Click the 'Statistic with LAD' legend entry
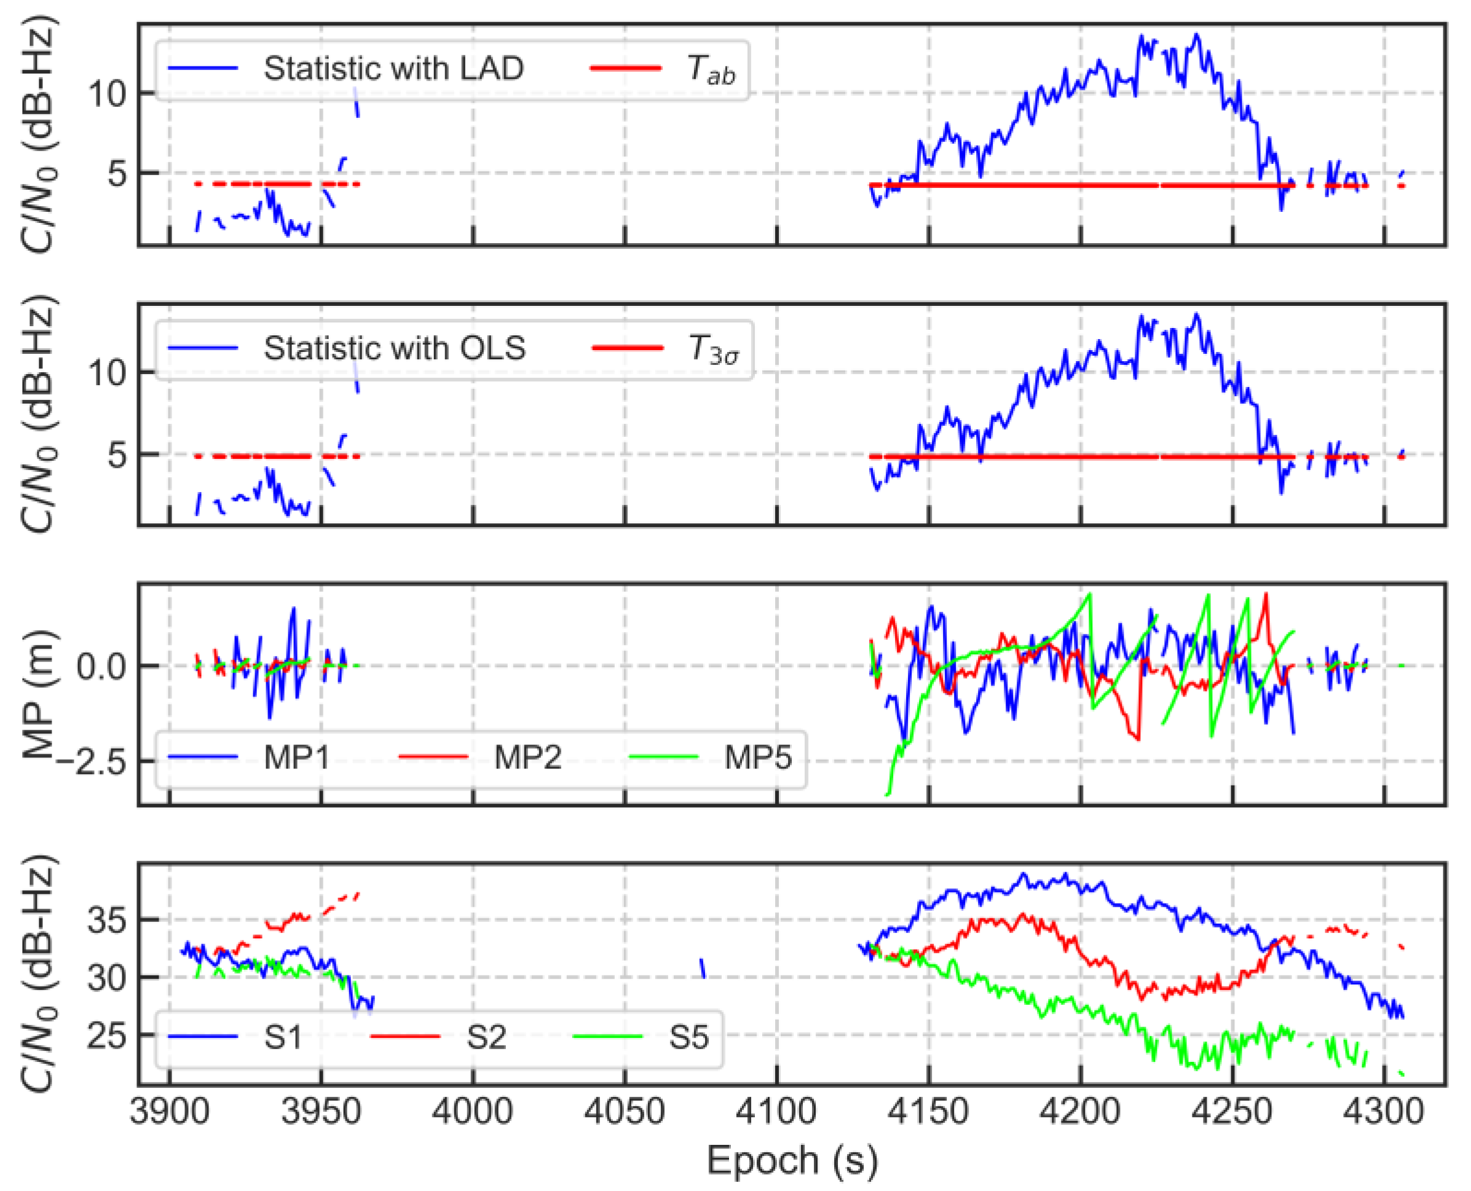coord(393,69)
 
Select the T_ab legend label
coord(711,70)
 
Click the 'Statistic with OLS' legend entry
coord(394,348)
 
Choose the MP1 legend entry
coord(296,757)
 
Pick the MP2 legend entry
coord(527,757)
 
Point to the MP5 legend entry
coord(758,757)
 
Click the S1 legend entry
coord(283,1037)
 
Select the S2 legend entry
coord(486,1037)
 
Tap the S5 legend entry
coord(688,1037)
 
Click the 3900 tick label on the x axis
coord(170,1111)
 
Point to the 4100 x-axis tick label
coord(776,1111)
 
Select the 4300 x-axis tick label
coord(1384,1111)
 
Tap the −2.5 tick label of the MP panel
coord(92,762)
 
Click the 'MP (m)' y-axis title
coord(37,693)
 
